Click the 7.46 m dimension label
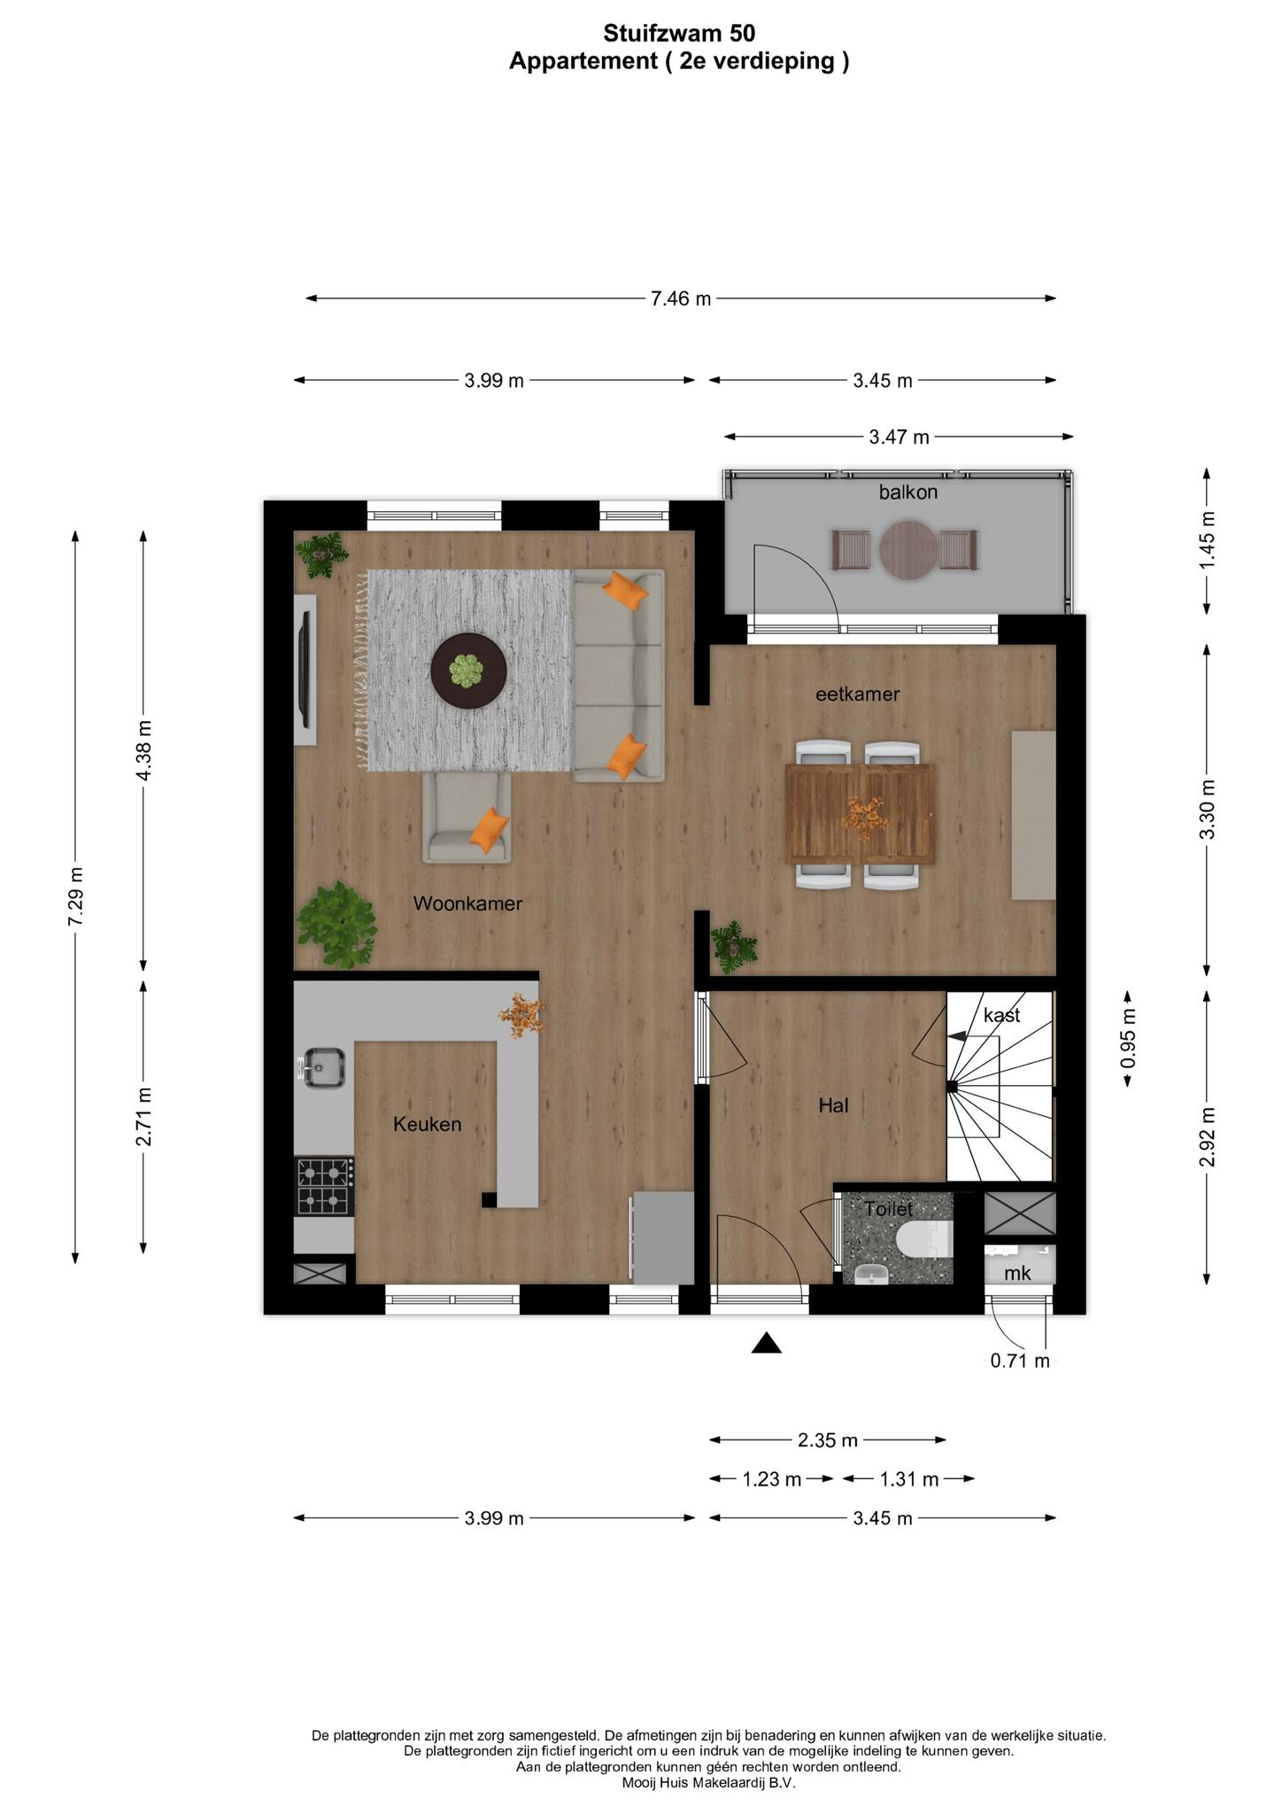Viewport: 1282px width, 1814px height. [x=681, y=298]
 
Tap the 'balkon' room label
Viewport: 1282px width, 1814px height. [x=907, y=492]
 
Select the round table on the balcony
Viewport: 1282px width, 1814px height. [x=907, y=550]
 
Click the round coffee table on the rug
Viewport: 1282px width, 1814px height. [x=468, y=671]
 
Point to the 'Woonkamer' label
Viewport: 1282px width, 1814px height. [x=467, y=904]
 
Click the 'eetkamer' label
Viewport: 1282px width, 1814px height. [x=857, y=694]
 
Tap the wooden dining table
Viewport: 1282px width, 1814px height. [x=861, y=813]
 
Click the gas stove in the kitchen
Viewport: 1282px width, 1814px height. [x=325, y=1187]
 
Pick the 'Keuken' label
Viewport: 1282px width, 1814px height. [x=428, y=1125]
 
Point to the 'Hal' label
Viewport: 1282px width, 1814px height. [x=833, y=1105]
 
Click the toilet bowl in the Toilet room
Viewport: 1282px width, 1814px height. [x=924, y=1238]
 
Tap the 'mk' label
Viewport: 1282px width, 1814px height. [x=1017, y=1273]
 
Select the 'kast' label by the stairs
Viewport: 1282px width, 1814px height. [x=1001, y=1015]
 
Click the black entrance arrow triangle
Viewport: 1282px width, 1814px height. [x=766, y=1344]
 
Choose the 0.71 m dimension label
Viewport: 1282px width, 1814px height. [x=1020, y=1360]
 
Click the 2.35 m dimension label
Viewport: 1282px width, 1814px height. [x=828, y=1440]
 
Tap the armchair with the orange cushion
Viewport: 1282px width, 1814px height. [x=467, y=817]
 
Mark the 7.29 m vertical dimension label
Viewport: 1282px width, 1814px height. [x=75, y=896]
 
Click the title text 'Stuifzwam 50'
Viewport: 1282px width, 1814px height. [x=679, y=34]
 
